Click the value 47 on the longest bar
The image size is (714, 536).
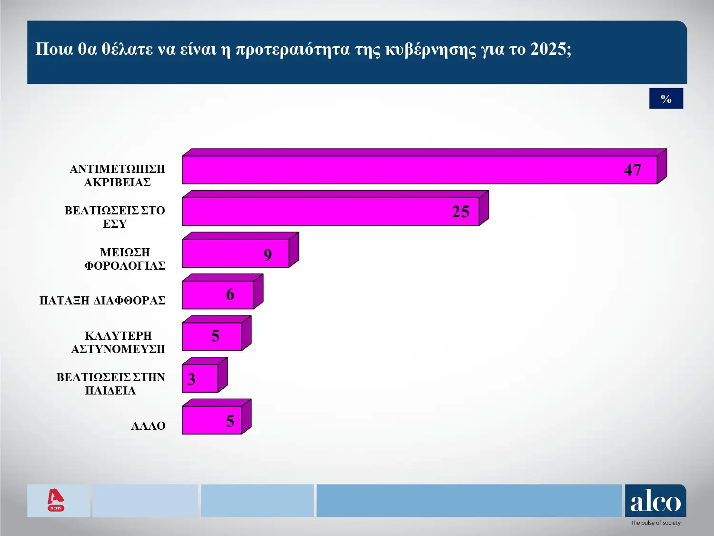point(633,170)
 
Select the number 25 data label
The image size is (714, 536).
point(460,212)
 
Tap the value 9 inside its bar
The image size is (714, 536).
point(268,255)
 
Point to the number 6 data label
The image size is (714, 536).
point(230,294)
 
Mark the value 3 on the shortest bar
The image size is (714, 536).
point(191,379)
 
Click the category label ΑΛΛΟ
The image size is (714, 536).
point(148,426)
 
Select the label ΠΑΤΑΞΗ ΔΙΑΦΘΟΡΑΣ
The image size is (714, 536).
point(102,301)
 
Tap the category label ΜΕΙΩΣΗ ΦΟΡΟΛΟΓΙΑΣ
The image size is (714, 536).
point(125,259)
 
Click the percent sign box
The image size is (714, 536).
point(666,99)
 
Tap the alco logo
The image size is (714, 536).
point(655,503)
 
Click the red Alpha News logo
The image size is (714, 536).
point(56,500)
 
